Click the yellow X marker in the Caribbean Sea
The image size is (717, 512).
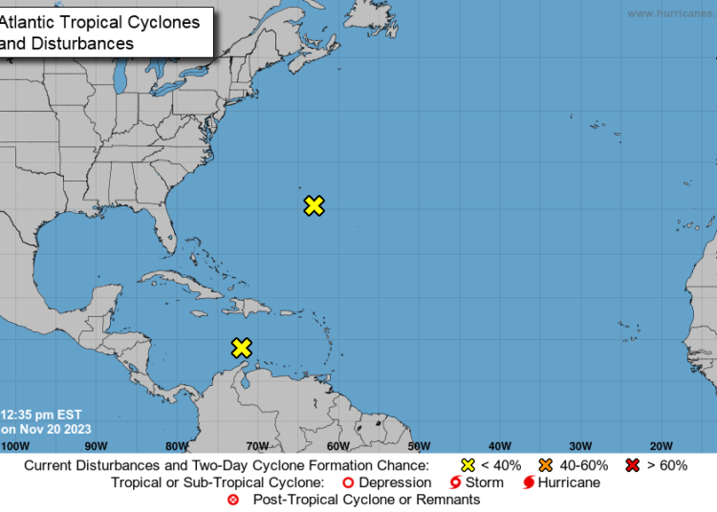242,348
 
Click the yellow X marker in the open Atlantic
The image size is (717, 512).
314,205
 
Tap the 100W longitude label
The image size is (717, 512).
14,446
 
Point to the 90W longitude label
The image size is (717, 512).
96,446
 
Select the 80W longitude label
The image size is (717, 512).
176,446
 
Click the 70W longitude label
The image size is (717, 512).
256,446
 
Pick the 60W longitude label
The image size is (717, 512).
337,446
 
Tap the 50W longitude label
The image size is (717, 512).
418,446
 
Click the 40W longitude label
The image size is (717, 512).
499,446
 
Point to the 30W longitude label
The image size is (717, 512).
579,446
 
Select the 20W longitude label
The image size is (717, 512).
661,446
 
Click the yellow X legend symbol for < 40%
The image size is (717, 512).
468,465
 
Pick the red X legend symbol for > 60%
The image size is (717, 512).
632,465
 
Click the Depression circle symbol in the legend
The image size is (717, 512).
349,482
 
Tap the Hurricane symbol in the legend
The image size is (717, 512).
529,482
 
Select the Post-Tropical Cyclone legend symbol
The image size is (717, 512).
233,500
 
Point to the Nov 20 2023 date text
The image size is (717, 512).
48,429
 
